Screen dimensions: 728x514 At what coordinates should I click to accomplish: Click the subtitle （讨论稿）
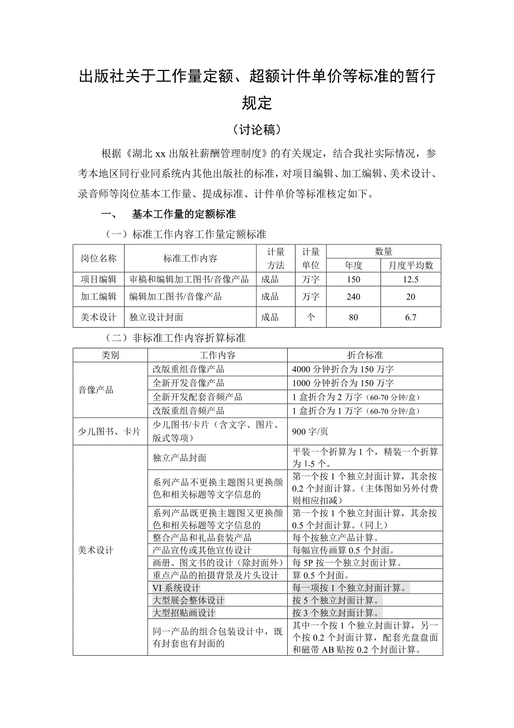(256, 130)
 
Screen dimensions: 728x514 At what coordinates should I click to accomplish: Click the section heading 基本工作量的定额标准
(184, 214)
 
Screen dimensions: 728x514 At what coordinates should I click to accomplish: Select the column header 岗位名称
(99, 258)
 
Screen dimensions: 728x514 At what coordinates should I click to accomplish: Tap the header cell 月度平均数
(411, 266)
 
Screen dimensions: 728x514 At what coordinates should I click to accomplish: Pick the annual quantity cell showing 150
(354, 280)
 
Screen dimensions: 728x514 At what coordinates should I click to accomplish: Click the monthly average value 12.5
(411, 280)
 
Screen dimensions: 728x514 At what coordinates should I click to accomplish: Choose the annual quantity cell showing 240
(354, 297)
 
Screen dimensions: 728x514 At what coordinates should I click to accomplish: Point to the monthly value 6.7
(411, 318)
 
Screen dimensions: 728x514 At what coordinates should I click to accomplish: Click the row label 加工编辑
(99, 297)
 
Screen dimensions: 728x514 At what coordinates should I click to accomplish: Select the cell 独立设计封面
(156, 318)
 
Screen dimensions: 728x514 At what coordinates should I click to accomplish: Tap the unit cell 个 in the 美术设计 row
(311, 318)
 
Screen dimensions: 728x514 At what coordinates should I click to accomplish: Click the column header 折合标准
(365, 356)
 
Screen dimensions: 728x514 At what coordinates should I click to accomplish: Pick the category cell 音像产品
(96, 390)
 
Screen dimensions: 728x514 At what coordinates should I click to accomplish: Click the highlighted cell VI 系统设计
(177, 588)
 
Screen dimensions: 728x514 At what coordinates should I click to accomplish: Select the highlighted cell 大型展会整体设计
(189, 601)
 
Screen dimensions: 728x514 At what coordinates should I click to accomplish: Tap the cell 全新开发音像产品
(189, 383)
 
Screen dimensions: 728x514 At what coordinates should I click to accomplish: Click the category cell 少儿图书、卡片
(110, 432)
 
